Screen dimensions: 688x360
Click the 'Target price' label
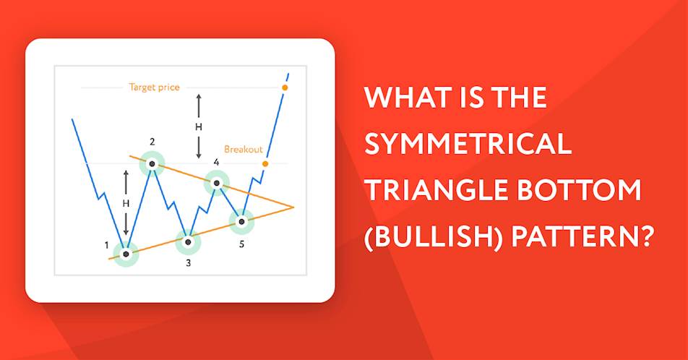155,87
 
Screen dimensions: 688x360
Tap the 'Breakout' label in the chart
244,149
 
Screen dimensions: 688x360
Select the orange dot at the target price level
285,87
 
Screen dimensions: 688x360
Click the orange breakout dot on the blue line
265,164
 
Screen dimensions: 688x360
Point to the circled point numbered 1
126,254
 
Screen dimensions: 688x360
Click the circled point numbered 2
152,164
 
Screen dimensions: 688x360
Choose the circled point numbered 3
188,242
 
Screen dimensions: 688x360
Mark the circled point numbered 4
216,183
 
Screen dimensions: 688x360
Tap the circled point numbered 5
242,221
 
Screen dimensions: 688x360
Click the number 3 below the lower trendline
188,263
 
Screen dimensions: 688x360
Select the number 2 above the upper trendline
152,142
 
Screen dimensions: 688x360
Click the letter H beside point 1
126,203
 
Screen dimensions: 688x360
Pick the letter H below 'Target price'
199,127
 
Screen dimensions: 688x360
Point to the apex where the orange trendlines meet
293,207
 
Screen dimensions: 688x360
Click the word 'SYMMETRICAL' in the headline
468,144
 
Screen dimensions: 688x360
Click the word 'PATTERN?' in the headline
583,236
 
